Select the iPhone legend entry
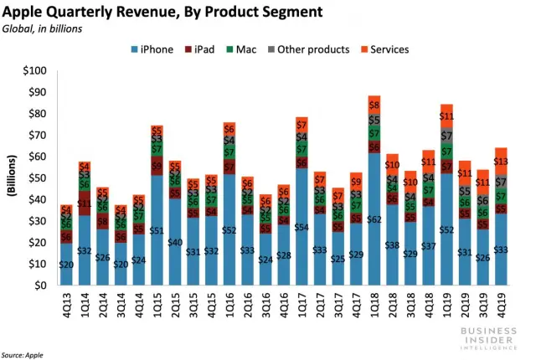(x=152, y=49)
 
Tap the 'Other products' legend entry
(x=307, y=49)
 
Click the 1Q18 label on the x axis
(x=374, y=306)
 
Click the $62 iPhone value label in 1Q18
(x=374, y=219)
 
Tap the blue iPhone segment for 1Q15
(x=156, y=243)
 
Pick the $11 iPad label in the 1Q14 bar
(x=85, y=203)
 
